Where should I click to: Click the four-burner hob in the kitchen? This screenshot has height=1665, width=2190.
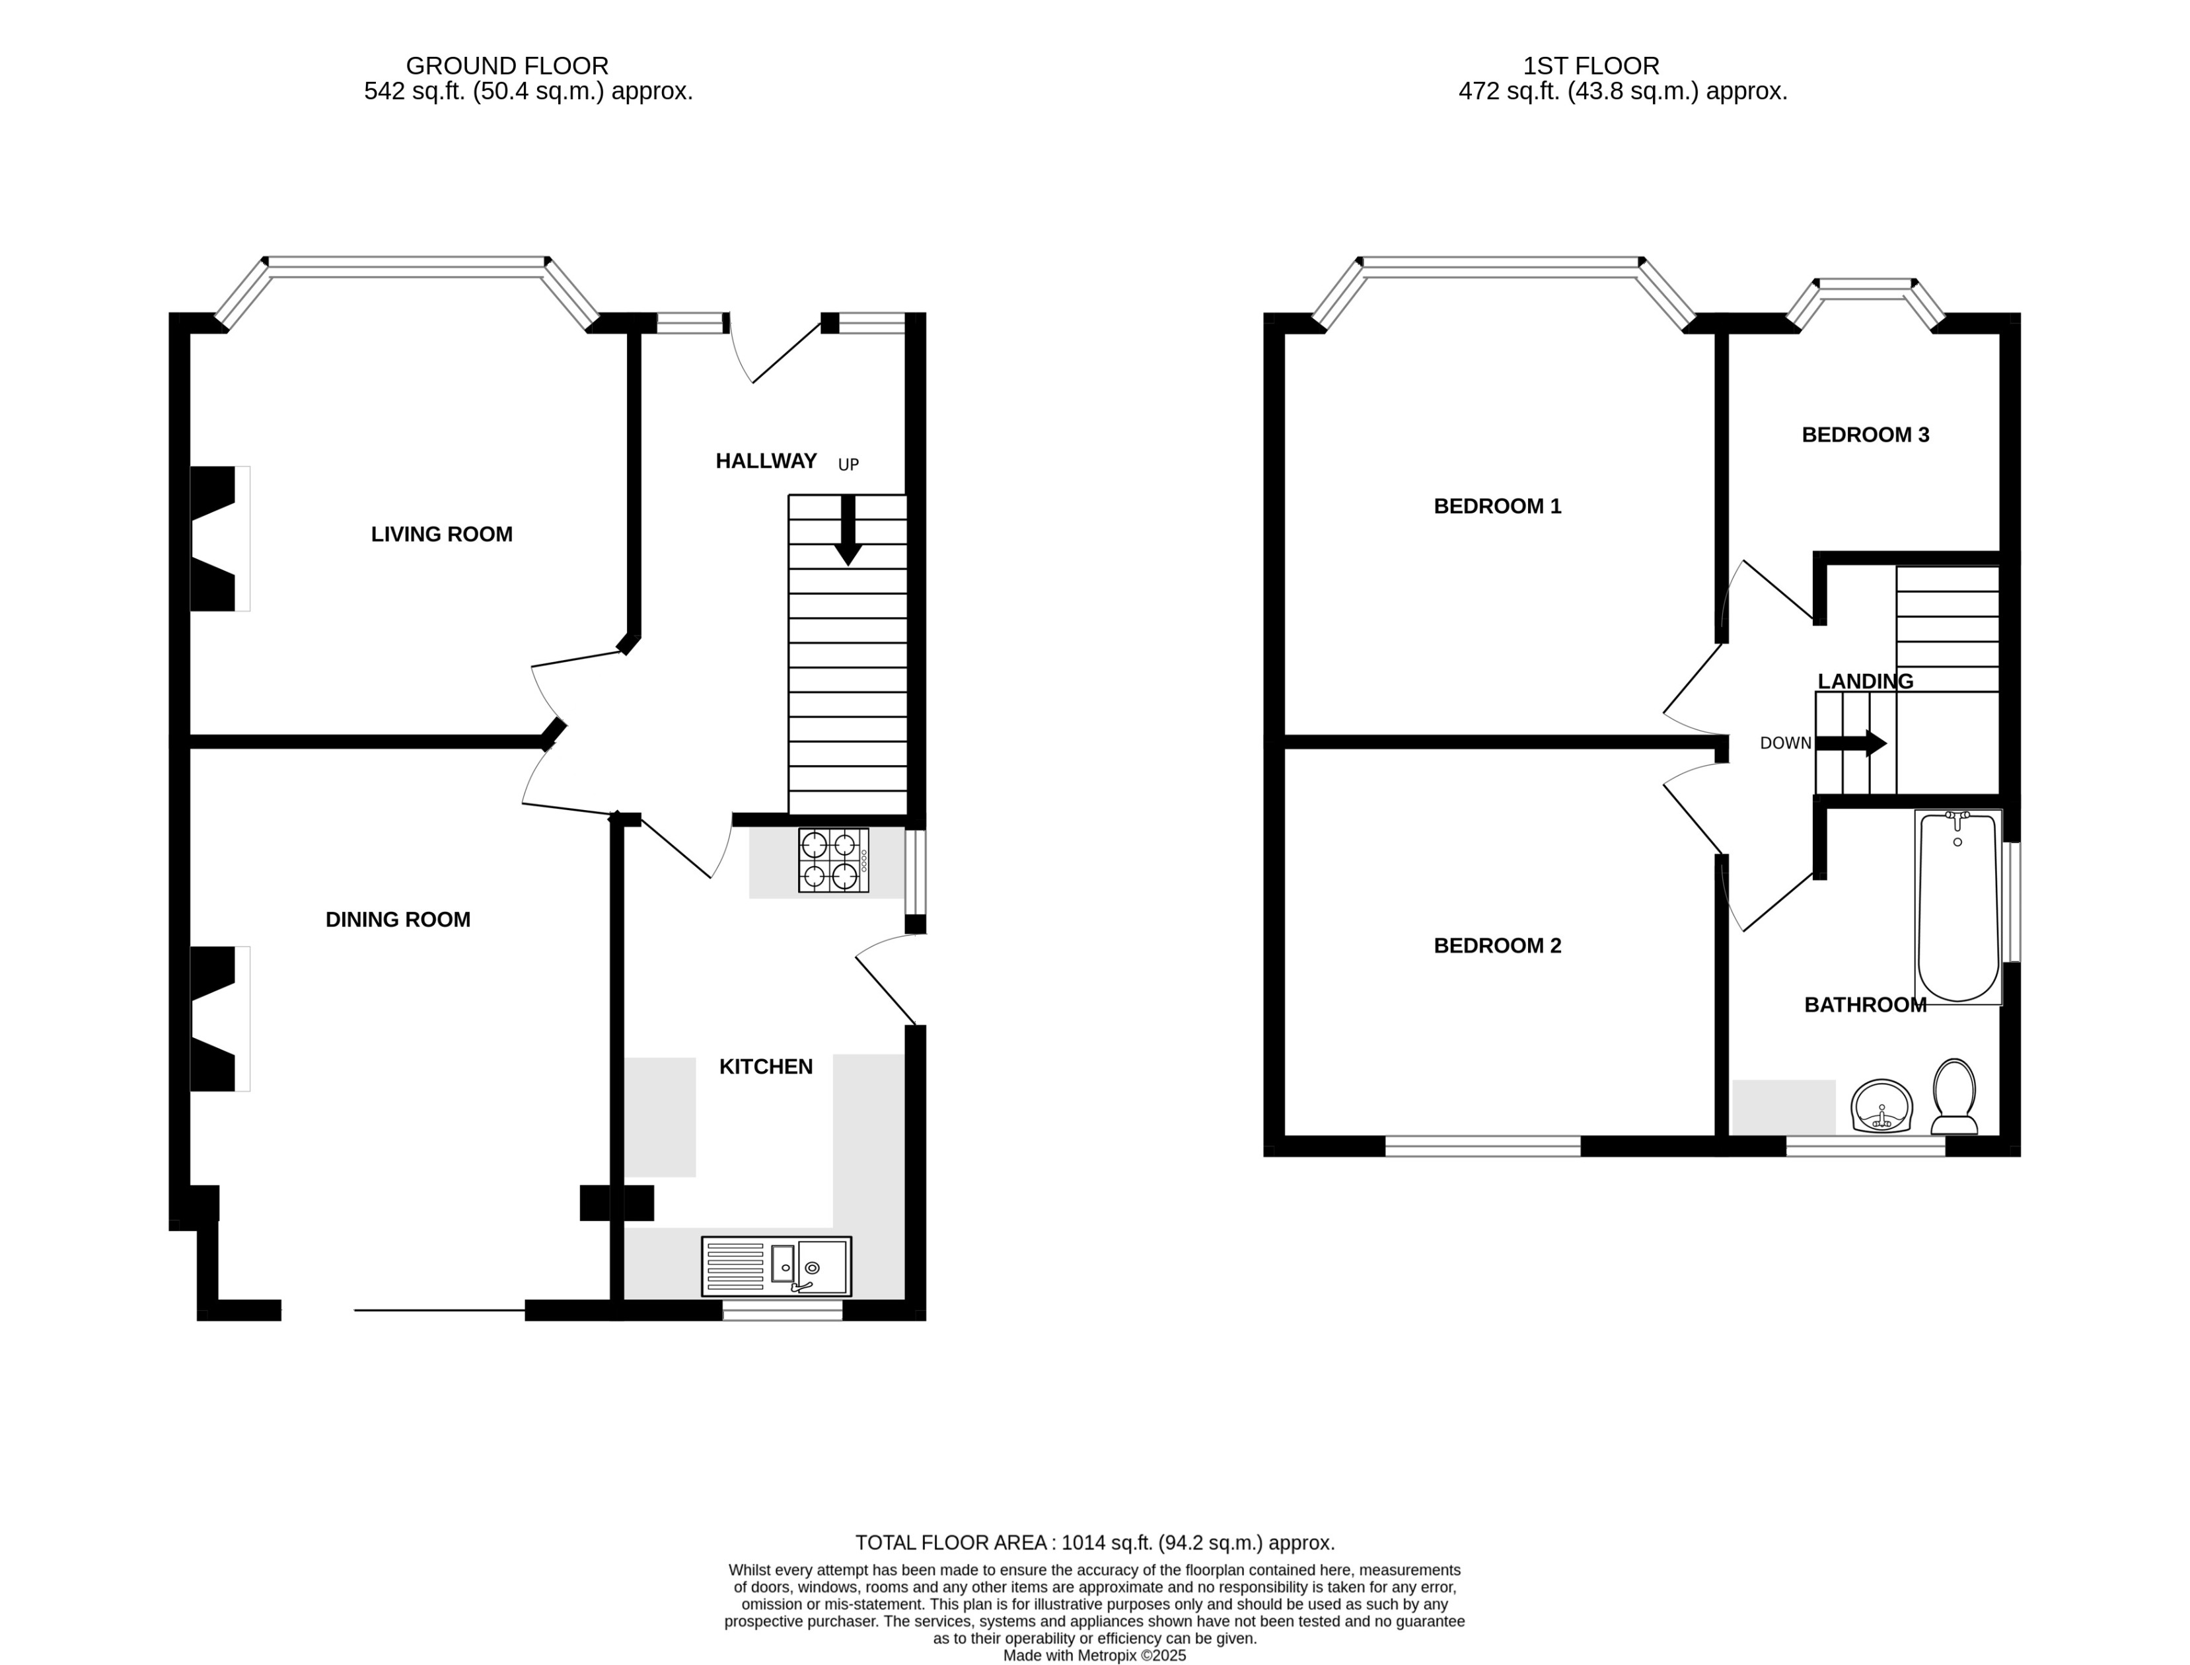834,860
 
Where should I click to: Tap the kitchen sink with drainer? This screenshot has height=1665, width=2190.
776,1266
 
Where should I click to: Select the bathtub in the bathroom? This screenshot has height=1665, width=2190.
1957,906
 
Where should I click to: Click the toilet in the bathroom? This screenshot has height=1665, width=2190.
1954,1097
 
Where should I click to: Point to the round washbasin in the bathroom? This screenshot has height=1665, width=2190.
1881,1107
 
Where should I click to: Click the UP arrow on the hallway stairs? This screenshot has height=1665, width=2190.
847,530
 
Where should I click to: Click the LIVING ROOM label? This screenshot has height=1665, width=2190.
442,534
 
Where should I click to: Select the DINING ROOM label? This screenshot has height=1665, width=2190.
398,920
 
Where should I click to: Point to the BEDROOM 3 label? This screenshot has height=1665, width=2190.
1865,434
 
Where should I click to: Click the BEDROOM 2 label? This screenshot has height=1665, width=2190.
1497,945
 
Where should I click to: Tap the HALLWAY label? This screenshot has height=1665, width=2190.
766,461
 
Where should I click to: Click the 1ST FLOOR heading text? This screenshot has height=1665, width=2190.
1591,65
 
